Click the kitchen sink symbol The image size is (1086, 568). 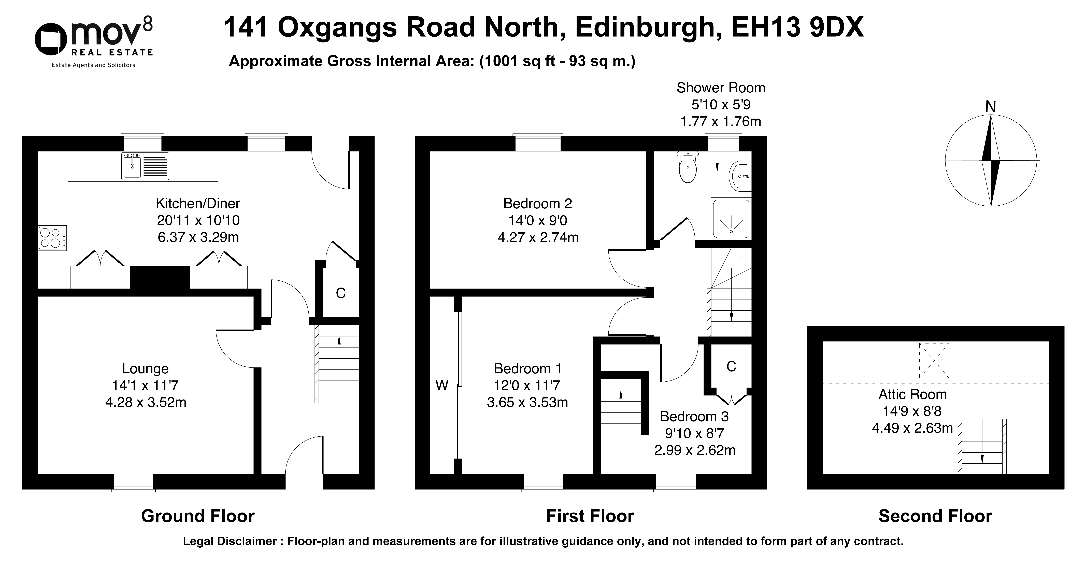point(145,166)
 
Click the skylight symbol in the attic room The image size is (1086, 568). point(934,361)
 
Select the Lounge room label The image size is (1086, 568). point(145,368)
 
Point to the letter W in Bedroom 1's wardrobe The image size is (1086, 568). point(442,385)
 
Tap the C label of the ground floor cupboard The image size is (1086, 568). point(341,293)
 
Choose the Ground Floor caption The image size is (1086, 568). point(198,516)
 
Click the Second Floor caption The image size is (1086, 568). point(935,516)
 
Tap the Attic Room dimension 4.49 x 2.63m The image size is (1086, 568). point(912,428)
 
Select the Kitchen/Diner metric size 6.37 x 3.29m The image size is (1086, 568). point(198,237)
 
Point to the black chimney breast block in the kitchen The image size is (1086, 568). point(160,277)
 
